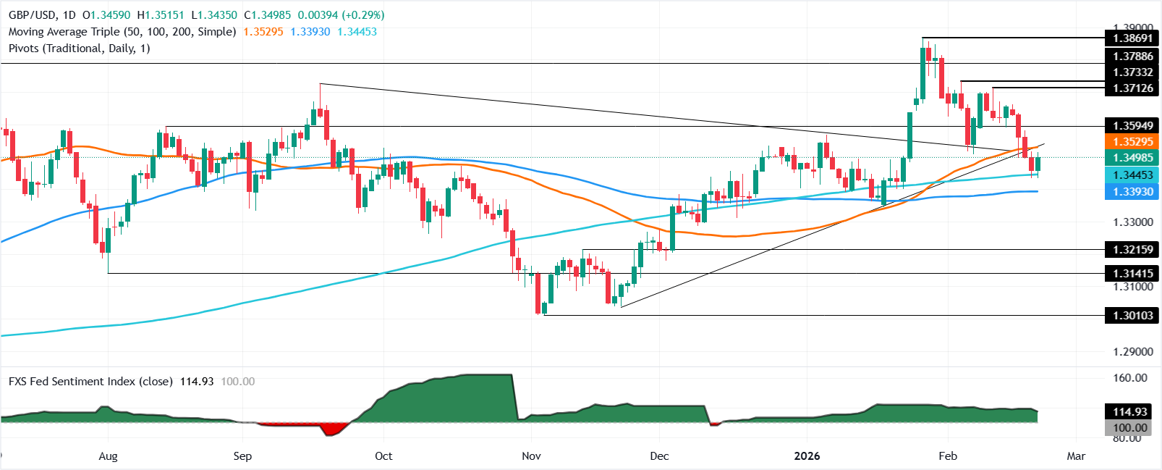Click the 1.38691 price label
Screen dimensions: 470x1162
tap(1132, 38)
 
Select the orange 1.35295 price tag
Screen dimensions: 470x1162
tap(1132, 142)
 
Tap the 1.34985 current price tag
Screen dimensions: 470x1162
tap(1132, 158)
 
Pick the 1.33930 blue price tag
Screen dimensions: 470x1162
tap(1132, 191)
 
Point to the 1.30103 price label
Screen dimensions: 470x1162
tap(1132, 315)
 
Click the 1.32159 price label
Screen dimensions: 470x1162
tap(1132, 250)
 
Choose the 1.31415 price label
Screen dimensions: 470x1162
tap(1132, 273)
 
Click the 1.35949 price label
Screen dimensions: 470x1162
tap(1132, 126)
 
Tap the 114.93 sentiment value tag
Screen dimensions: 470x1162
tap(1129, 411)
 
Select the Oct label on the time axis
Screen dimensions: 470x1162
tap(383, 456)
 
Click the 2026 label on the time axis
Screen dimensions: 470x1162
tap(807, 456)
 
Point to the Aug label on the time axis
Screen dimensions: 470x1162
tap(108, 456)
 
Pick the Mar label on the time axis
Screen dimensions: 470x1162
tap(1076, 456)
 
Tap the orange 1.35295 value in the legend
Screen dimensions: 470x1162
tap(263, 32)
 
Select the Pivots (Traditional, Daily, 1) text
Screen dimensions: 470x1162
tap(79, 49)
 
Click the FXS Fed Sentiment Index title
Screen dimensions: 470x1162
tap(90, 381)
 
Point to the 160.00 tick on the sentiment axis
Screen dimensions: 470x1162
tap(1129, 378)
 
